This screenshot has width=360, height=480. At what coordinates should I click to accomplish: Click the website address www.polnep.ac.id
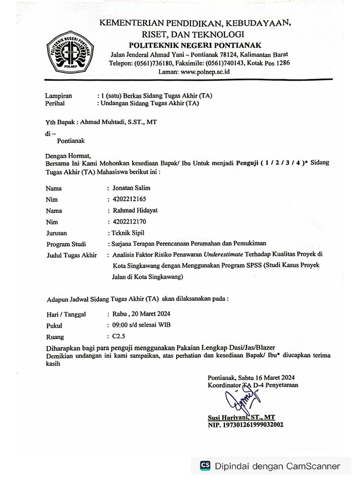coord(204,72)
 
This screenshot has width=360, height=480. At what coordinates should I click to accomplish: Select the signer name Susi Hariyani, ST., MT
coord(241,417)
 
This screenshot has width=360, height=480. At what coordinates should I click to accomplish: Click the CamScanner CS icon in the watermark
coord(205,465)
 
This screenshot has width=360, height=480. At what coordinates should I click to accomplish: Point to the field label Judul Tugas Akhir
coord(71,255)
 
